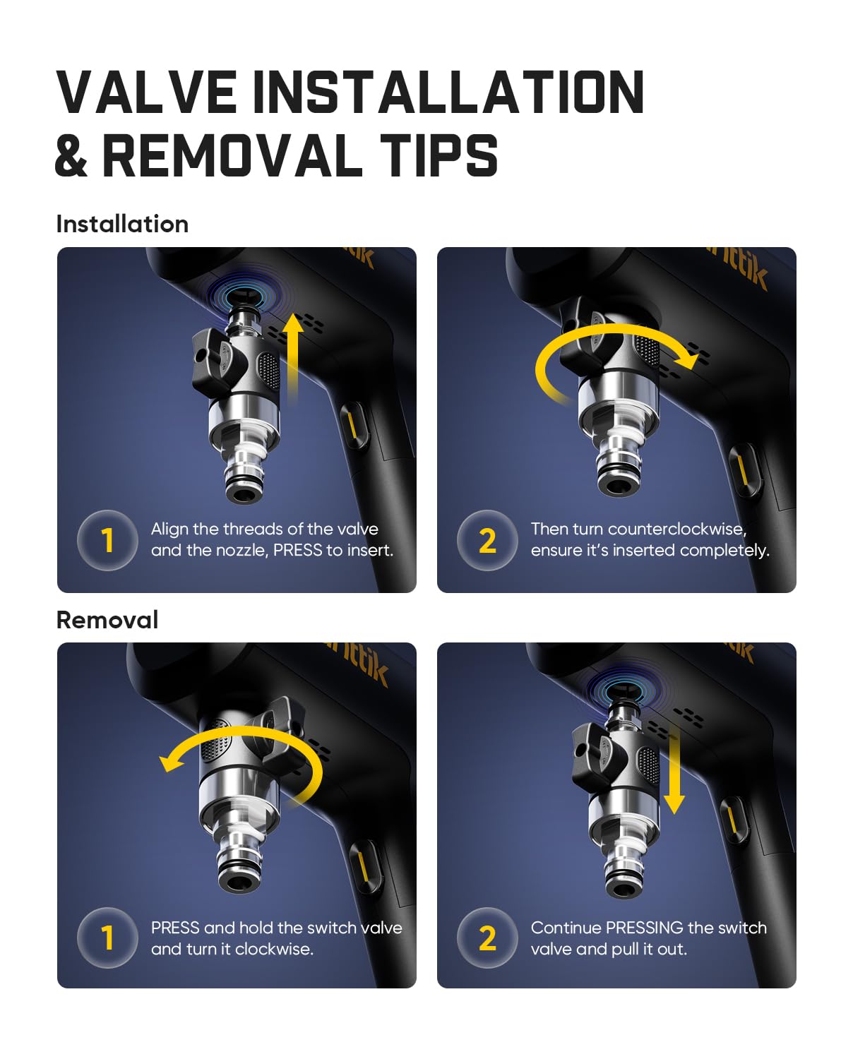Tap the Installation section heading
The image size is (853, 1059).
122,224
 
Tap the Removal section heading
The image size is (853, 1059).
107,620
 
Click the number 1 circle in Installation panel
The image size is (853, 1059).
107,540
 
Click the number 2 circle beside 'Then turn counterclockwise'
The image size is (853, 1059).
487,540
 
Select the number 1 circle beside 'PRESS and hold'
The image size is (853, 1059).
107,938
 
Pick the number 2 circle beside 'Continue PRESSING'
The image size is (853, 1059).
487,938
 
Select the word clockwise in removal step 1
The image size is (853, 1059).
273,949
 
